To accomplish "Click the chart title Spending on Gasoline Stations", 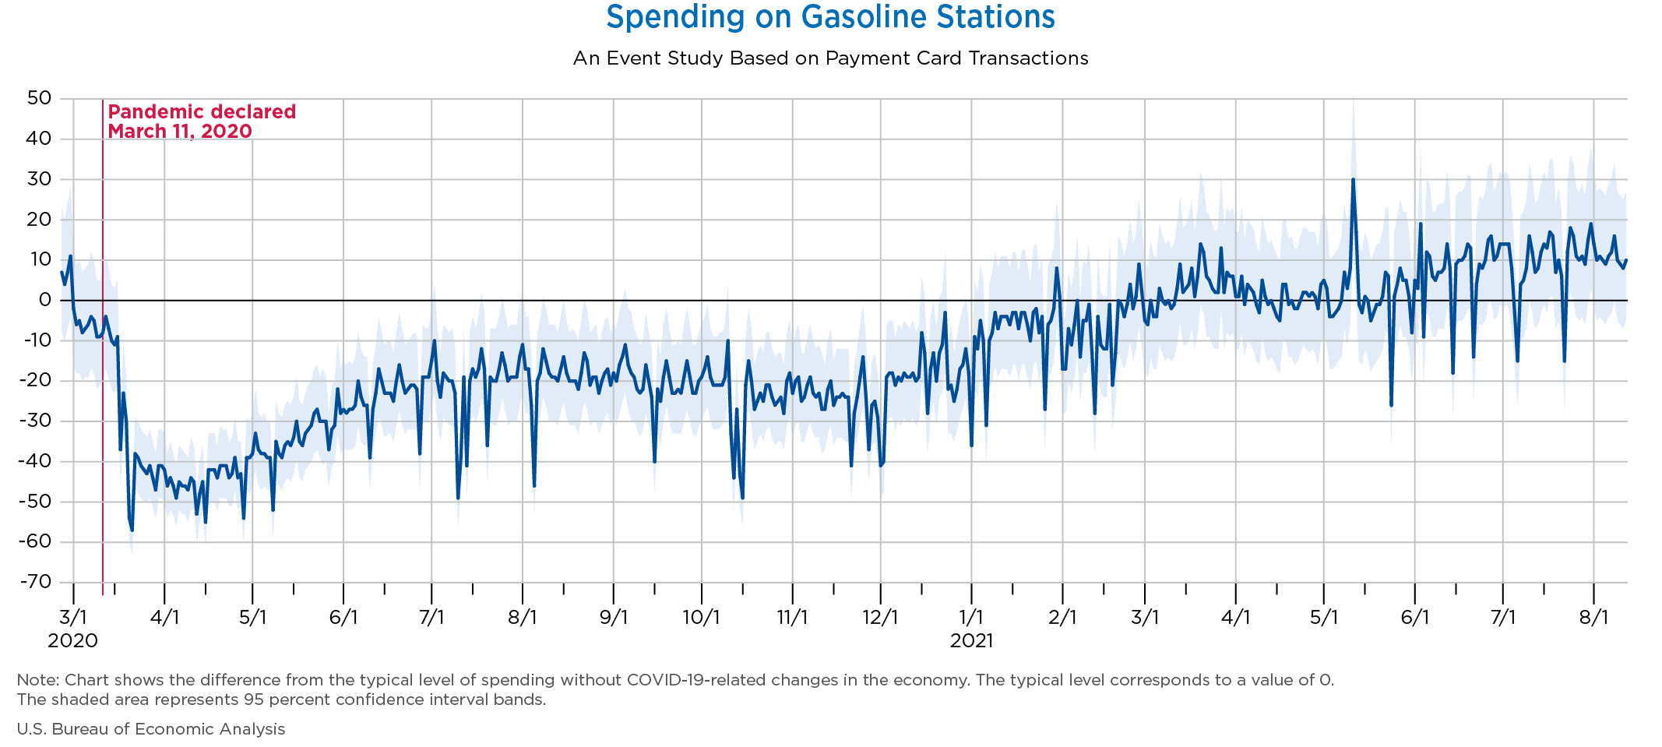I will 830,17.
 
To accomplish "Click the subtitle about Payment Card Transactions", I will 830,58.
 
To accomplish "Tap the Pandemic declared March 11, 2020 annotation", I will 201,122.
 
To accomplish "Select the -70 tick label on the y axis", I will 34,582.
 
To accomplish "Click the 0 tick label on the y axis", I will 45,300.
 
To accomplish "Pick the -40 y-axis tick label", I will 34,461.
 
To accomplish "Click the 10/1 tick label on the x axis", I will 702,618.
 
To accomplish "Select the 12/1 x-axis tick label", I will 881,618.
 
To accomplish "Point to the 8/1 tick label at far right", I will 1593,618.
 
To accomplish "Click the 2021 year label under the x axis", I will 971,641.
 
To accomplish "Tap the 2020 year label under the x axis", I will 73,641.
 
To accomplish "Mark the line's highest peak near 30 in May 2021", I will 1353,179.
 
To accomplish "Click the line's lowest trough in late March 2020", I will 132,530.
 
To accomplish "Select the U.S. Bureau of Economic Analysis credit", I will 151,729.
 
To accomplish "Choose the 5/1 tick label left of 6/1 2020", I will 252,618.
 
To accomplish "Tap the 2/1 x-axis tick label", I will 1062,618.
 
